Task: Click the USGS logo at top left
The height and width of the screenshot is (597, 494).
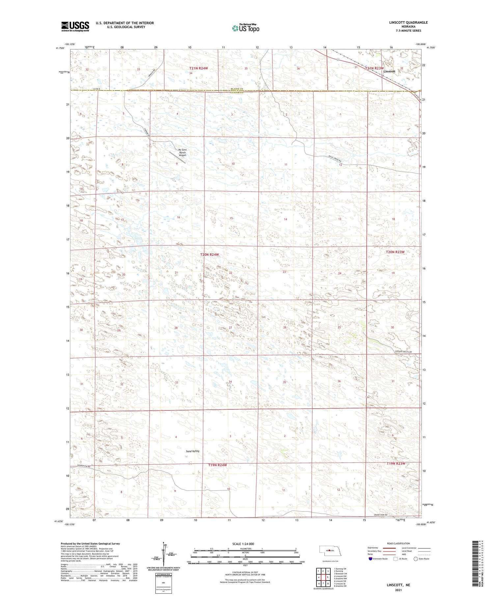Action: point(75,26)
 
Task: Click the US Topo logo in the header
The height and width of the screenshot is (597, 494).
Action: point(246,28)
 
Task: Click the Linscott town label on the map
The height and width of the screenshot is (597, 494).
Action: point(389,71)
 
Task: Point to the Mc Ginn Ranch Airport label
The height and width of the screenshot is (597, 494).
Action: point(182,152)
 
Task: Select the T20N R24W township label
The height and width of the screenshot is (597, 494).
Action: point(209,255)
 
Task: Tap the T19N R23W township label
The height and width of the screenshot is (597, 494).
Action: point(396,463)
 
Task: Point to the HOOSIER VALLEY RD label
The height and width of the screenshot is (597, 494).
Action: point(403,352)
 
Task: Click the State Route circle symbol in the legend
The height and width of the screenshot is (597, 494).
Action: point(416,559)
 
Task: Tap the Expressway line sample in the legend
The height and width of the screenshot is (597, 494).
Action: point(390,548)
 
